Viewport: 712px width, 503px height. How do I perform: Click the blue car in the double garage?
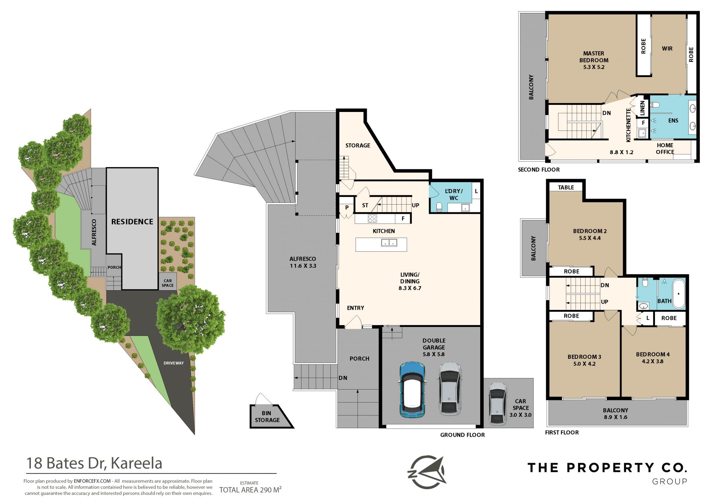point(412,390)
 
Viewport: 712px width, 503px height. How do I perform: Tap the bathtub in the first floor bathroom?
point(679,294)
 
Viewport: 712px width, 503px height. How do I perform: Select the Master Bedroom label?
point(594,60)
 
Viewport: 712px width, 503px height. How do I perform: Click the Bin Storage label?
point(267,417)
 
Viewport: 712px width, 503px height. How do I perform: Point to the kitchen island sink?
point(389,243)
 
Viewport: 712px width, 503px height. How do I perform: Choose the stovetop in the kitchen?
point(372,219)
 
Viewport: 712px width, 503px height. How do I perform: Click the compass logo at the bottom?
point(427,472)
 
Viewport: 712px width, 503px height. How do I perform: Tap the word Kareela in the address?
point(136,463)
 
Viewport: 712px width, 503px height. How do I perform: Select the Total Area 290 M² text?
point(250,490)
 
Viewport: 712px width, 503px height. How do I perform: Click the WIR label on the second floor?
point(667,49)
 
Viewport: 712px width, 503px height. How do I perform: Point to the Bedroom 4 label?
point(653,358)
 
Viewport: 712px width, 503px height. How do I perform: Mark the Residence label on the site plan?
point(132,222)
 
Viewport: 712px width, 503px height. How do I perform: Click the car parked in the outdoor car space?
point(497,403)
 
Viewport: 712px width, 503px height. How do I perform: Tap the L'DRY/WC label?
point(454,195)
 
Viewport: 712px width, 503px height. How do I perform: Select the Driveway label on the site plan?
point(174,363)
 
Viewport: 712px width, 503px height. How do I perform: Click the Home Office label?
point(665,149)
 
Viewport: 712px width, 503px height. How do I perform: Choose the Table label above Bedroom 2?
point(566,188)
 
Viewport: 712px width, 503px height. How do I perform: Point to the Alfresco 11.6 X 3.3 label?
point(303,262)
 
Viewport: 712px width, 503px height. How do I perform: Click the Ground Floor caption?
point(462,435)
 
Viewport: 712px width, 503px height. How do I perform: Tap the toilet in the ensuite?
point(655,105)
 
